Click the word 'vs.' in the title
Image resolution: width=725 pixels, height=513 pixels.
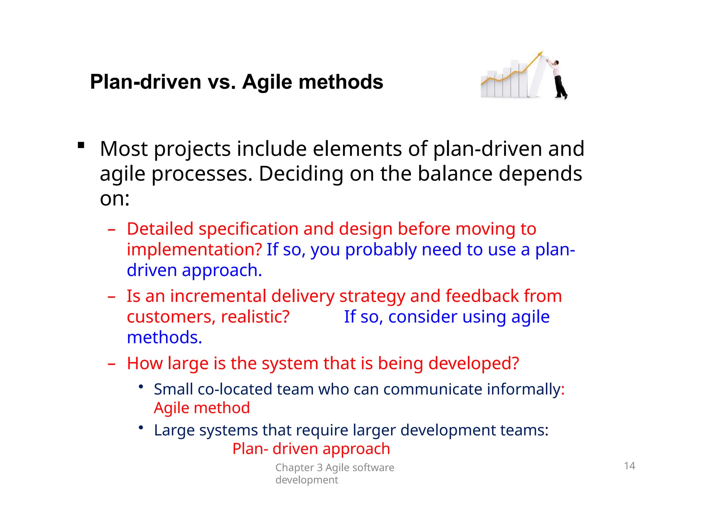(x=222, y=82)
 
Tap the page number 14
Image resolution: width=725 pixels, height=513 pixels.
(x=629, y=466)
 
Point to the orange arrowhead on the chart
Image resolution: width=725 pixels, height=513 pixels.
(x=540, y=54)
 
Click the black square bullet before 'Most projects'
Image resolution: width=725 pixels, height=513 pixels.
(x=81, y=145)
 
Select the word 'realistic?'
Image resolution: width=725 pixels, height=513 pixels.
(x=255, y=317)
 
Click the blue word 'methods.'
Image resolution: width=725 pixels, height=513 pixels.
(x=164, y=337)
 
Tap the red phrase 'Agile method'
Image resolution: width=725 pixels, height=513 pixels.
(x=202, y=408)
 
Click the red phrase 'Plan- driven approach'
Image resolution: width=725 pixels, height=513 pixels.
(x=311, y=449)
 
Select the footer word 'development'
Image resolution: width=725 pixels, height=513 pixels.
(x=307, y=480)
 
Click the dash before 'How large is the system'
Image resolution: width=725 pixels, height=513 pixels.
(x=112, y=364)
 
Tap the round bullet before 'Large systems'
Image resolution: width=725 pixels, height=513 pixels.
(x=141, y=428)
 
